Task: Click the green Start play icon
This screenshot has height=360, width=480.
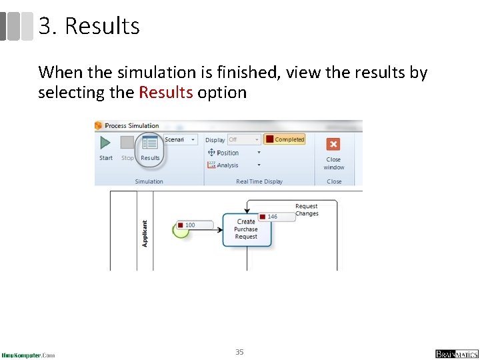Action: [x=105, y=143]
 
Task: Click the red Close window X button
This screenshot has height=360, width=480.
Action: [x=333, y=144]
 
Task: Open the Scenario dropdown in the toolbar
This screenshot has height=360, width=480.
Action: [x=180, y=139]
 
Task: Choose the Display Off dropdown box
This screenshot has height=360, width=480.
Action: [x=243, y=139]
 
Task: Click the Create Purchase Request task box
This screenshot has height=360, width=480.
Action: [x=246, y=230]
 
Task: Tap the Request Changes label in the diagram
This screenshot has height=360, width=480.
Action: [x=307, y=210]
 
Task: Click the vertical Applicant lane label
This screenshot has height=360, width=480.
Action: [x=145, y=234]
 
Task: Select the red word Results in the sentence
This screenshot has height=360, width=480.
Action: [x=166, y=93]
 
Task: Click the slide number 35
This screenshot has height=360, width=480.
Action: [x=239, y=351]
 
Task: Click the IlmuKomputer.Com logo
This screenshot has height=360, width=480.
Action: [x=28, y=355]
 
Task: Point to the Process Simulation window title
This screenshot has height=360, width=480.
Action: [x=132, y=125]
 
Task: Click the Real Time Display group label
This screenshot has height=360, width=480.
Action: [x=259, y=181]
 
